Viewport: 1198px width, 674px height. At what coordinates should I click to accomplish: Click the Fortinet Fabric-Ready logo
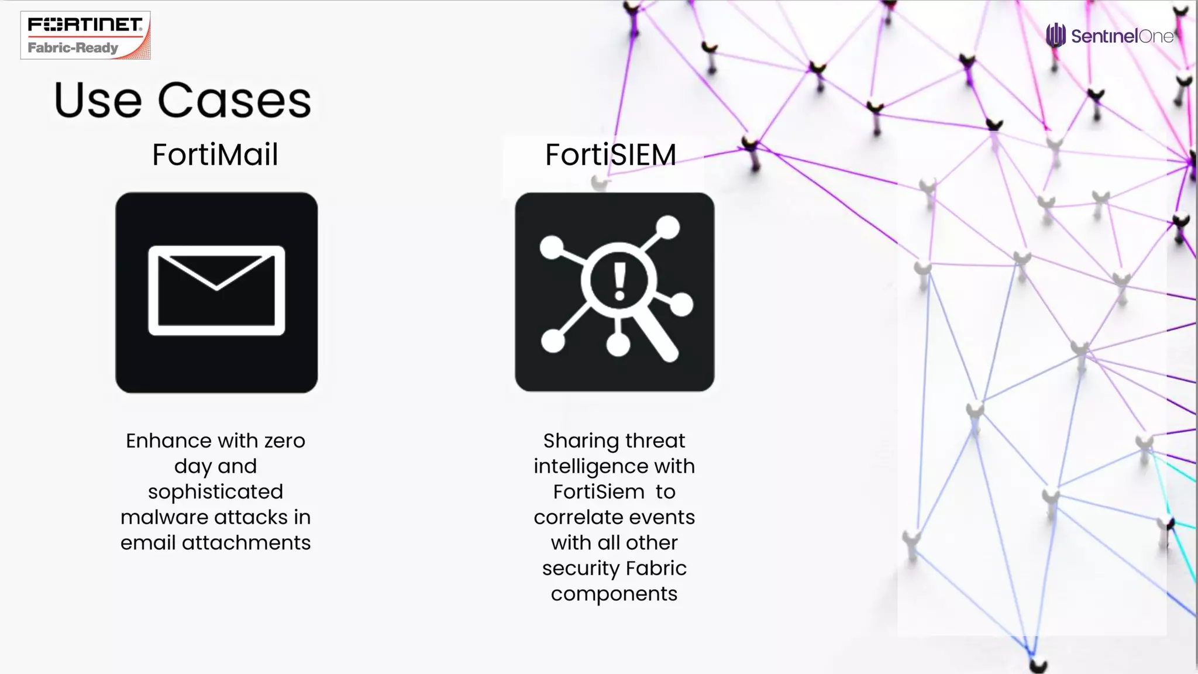point(85,35)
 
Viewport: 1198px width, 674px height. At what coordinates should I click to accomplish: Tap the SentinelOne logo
point(1110,36)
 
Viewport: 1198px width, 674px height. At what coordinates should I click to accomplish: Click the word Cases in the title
point(234,100)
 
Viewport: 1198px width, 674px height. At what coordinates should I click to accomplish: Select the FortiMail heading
point(215,155)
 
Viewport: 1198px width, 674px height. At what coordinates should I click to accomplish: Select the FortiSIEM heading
point(611,155)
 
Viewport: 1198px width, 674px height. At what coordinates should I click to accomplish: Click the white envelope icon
point(216,291)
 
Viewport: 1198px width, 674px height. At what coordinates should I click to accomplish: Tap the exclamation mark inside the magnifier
point(619,281)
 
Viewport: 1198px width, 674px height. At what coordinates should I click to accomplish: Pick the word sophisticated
point(215,491)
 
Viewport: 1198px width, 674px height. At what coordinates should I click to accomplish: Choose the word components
point(614,594)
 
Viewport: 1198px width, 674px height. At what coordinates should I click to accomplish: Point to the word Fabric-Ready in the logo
point(73,48)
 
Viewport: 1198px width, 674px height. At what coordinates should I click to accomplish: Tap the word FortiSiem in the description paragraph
point(599,492)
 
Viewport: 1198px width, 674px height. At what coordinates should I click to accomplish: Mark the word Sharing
point(580,441)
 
